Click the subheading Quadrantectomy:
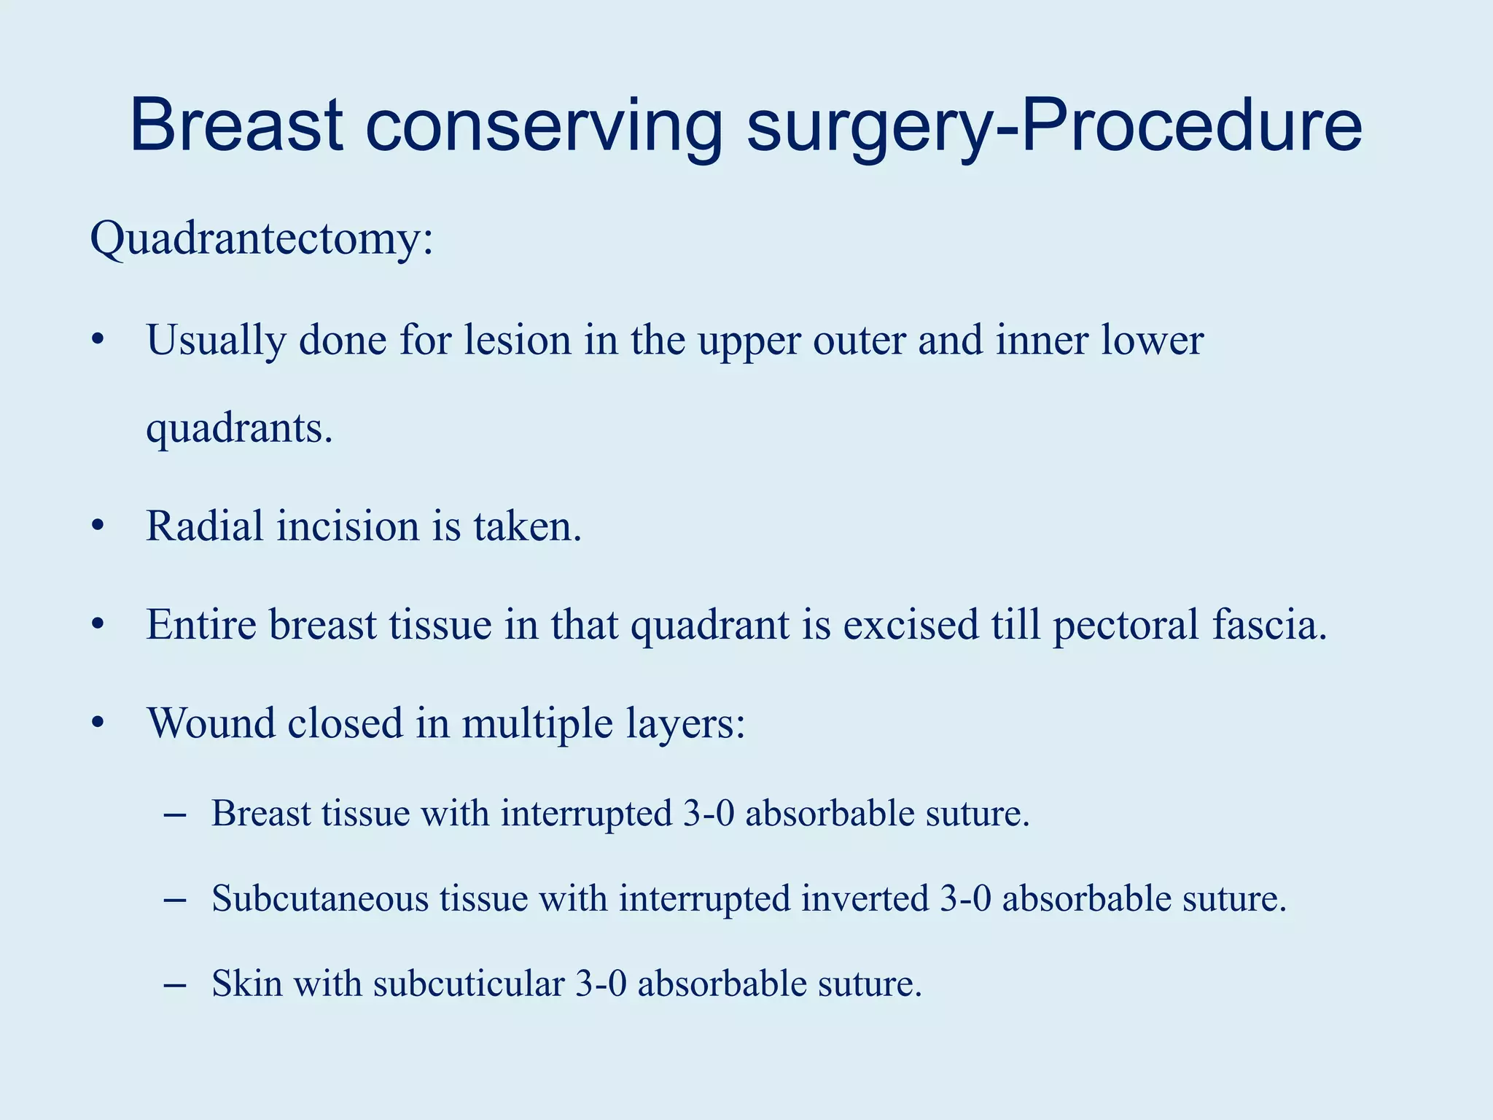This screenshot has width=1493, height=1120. pyautogui.click(x=262, y=239)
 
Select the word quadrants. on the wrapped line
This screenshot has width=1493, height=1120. pyautogui.click(x=239, y=429)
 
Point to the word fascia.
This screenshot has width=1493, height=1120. pyautogui.click(x=1269, y=625)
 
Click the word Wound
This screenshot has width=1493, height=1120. pyautogui.click(x=211, y=723)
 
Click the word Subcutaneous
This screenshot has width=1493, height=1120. pyautogui.click(x=319, y=898)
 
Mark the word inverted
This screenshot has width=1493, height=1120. pyautogui.click(x=865, y=898)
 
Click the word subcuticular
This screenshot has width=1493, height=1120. pyautogui.click(x=469, y=984)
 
